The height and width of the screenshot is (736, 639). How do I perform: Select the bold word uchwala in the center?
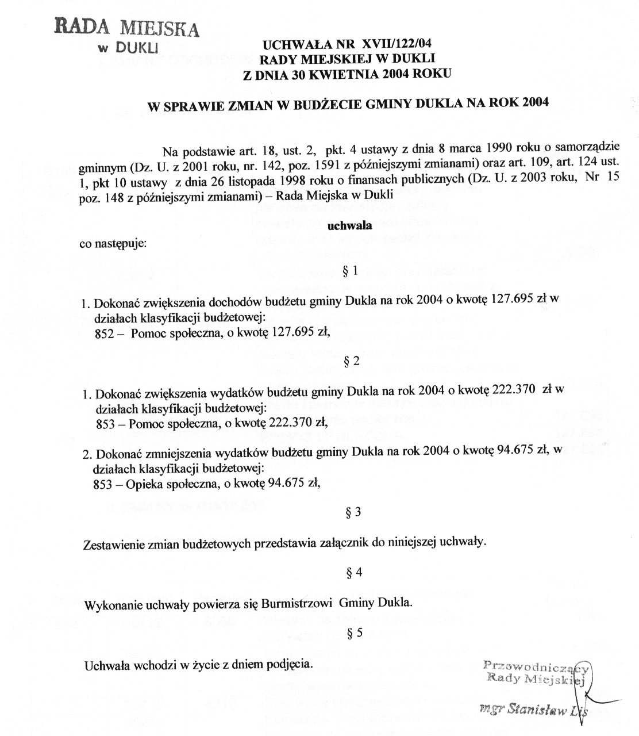(349, 225)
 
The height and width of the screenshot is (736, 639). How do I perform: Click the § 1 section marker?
(350, 271)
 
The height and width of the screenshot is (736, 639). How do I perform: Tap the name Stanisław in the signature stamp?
(537, 709)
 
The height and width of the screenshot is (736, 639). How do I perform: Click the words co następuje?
(113, 243)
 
